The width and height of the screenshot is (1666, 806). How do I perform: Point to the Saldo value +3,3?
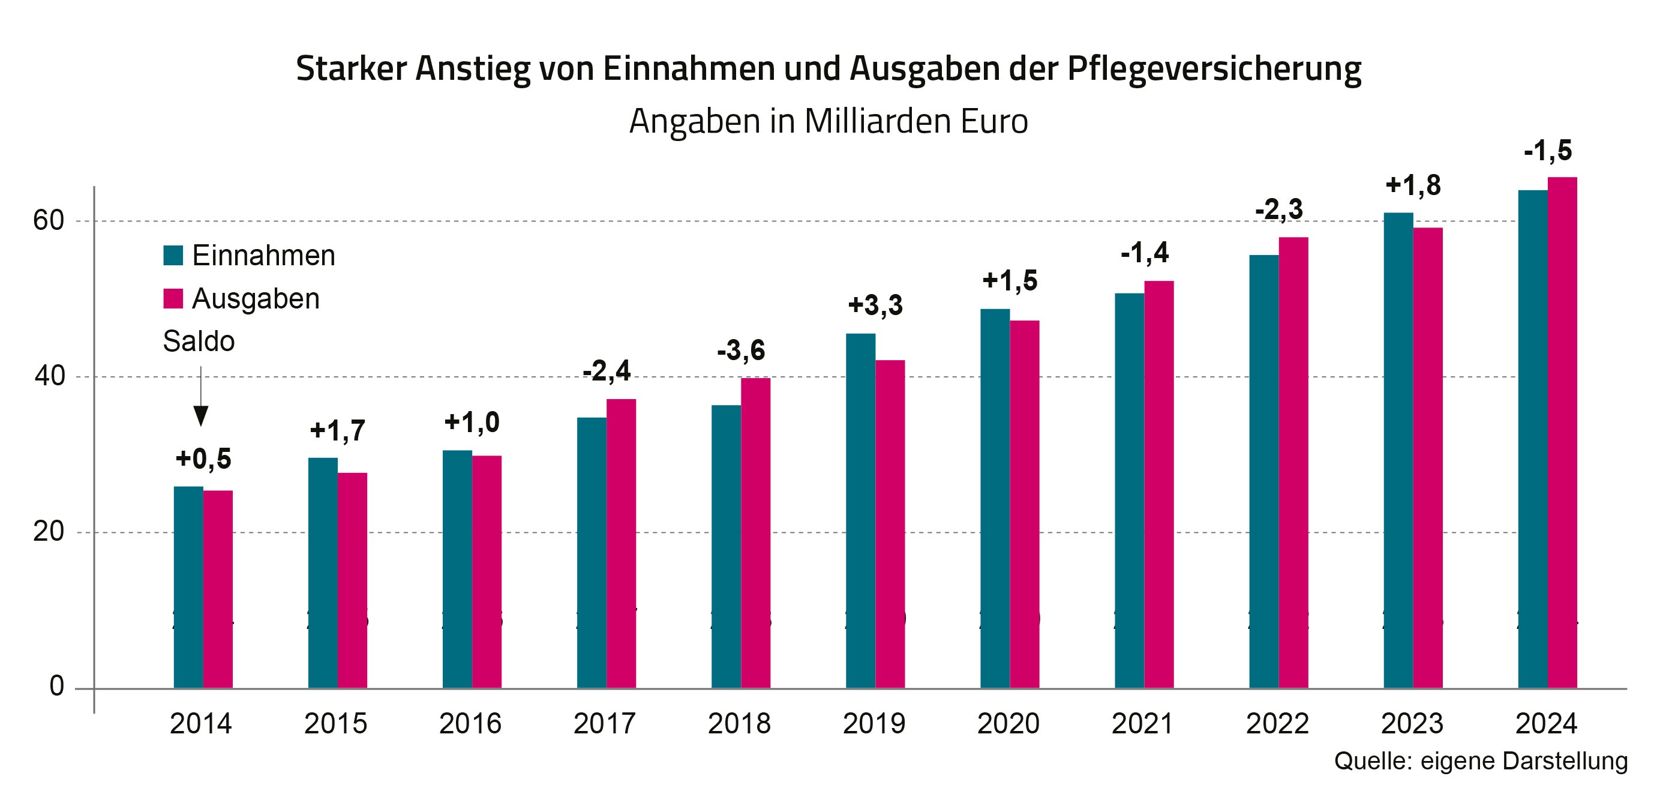[875, 305]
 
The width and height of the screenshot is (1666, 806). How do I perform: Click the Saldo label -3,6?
[740, 350]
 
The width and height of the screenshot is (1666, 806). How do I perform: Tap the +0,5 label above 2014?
[203, 459]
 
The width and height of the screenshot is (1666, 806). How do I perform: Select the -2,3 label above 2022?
[1278, 209]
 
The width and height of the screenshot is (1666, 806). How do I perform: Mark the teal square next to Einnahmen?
[173, 256]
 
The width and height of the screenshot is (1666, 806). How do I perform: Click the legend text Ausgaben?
[256, 299]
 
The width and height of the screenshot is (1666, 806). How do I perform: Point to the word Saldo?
[199, 341]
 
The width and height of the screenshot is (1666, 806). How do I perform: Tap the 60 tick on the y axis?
[49, 221]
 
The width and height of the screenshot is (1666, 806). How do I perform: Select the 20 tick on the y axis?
[49, 532]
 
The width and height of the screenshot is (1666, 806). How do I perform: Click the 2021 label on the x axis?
[1142, 723]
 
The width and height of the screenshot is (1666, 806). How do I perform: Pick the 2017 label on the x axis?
[604, 723]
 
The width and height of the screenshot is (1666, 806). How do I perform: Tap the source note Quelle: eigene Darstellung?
[1481, 761]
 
